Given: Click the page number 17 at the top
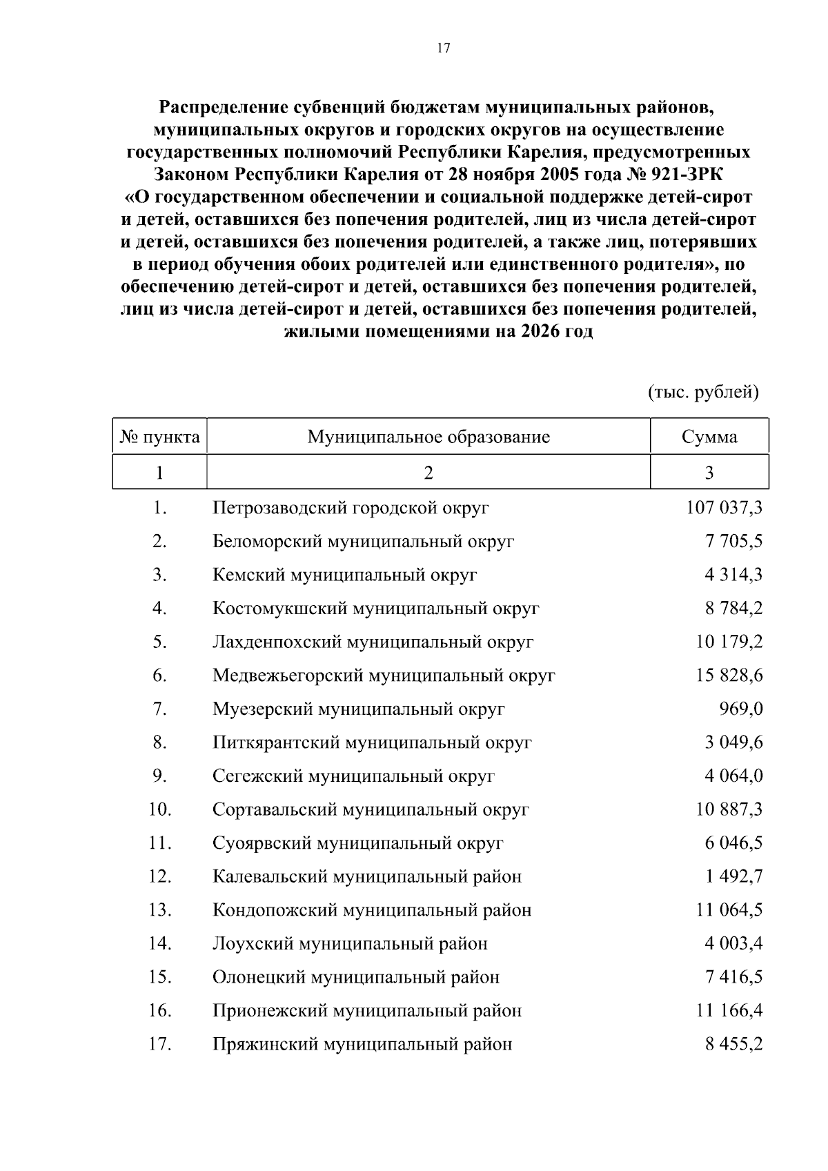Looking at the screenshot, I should pyautogui.click(x=444, y=48).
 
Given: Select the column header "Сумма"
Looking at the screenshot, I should pyautogui.click(x=709, y=437).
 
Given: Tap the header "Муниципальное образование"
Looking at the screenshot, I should pyautogui.click(x=428, y=437).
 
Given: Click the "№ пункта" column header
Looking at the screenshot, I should pyautogui.click(x=160, y=437).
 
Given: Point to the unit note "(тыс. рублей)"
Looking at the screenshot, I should pyautogui.click(x=703, y=393).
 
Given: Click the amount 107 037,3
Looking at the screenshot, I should pyautogui.click(x=724, y=508).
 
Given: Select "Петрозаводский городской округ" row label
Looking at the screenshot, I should pyautogui.click(x=351, y=508).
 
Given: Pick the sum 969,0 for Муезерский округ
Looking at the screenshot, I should pyautogui.click(x=740, y=709).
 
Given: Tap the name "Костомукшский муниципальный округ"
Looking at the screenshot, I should pyautogui.click(x=375, y=609).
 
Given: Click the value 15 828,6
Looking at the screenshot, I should pyautogui.click(x=729, y=676).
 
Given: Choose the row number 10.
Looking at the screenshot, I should pyautogui.click(x=159, y=809).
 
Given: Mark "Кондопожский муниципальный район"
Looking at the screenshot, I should pyautogui.click(x=372, y=910).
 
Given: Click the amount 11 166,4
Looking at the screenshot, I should pyautogui.click(x=729, y=1011).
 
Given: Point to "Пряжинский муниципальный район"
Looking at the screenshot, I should pyautogui.click(x=362, y=1044).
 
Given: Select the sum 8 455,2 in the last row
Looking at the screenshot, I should pyautogui.click(x=733, y=1044).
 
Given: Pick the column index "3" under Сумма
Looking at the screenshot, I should pyautogui.click(x=709, y=473).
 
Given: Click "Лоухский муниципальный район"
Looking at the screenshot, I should pyautogui.click(x=350, y=943).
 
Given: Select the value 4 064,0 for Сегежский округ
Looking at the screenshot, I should pyautogui.click(x=733, y=776).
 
